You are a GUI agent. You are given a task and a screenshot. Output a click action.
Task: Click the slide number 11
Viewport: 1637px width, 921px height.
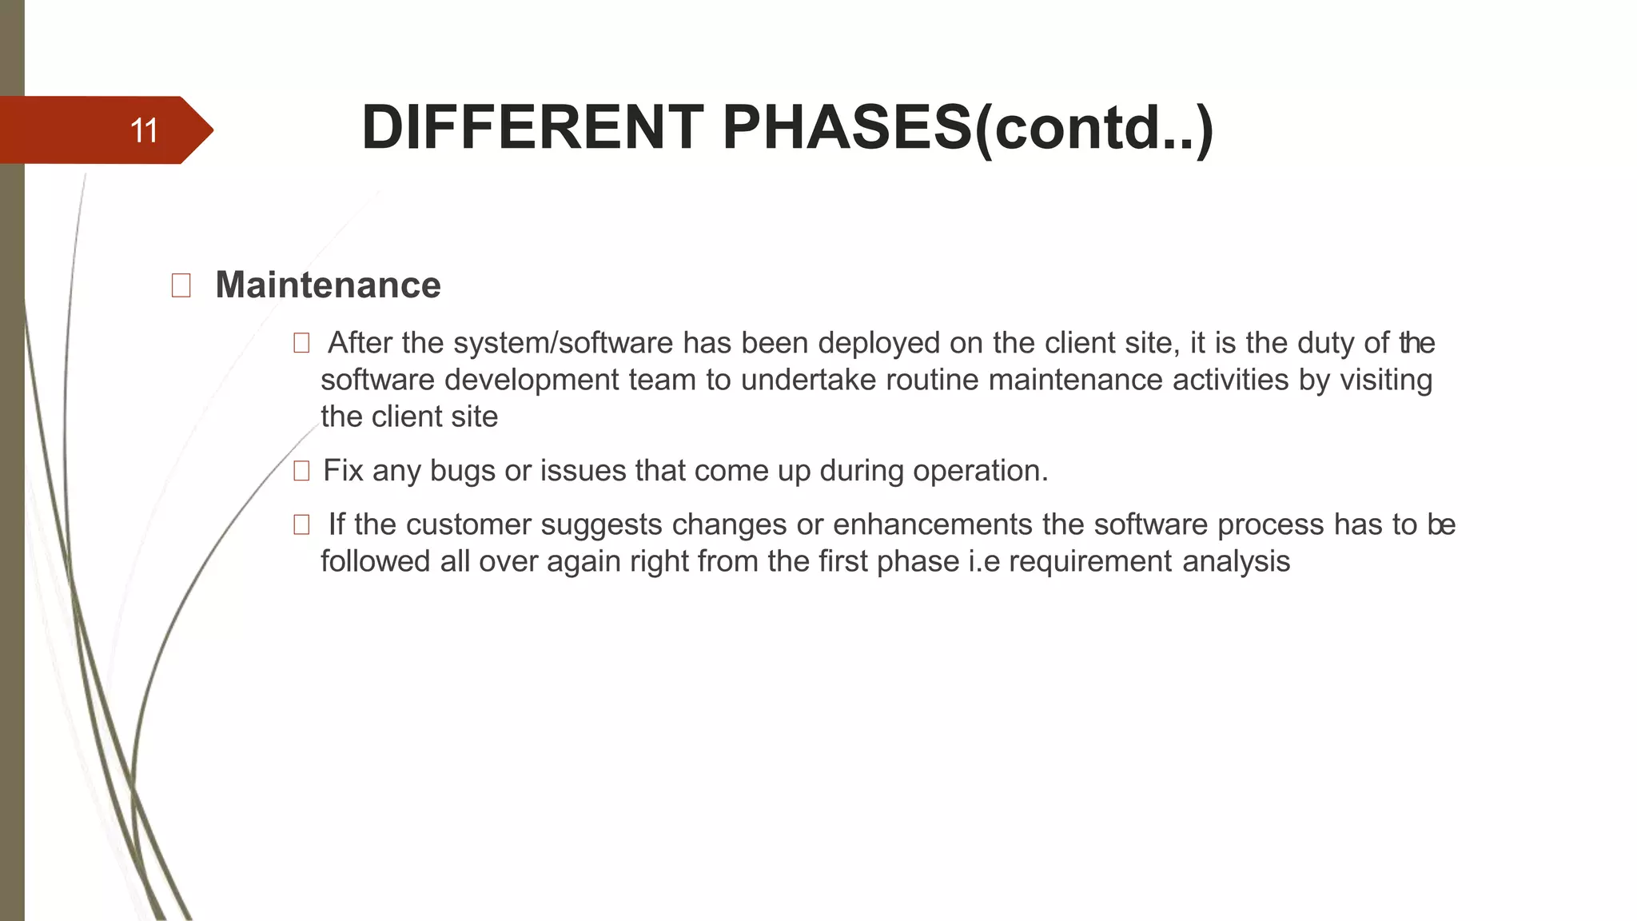(144, 130)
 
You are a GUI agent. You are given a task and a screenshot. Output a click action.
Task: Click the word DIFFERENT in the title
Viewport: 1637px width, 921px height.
(532, 128)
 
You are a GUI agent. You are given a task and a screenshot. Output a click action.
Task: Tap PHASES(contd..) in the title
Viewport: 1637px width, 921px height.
(968, 128)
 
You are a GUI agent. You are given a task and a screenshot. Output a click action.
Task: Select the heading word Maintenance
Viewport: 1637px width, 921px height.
(328, 285)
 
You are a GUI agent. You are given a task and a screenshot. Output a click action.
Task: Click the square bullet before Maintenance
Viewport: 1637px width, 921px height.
(181, 285)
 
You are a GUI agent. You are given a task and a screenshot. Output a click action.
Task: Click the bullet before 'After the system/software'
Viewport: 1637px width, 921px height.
(301, 344)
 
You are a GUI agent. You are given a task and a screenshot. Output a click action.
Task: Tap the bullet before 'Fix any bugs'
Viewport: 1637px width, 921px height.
(301, 472)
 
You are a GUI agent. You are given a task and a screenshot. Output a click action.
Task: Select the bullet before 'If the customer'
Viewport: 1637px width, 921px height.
(301, 525)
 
